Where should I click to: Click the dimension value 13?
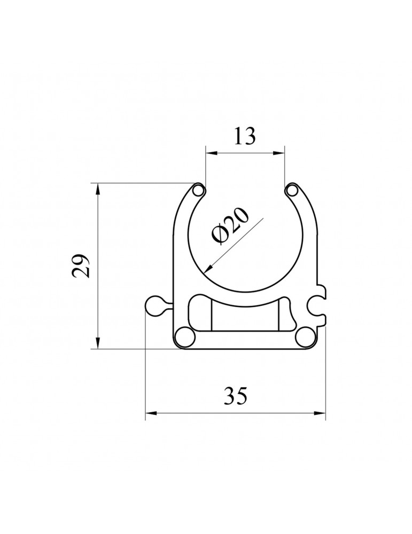coord(244,136)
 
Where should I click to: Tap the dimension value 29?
coord(82,266)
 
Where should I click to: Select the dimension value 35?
coord(235,396)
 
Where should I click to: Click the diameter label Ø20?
coord(230,226)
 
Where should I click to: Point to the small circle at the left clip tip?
coord(198,191)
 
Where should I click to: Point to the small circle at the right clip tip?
coord(292,191)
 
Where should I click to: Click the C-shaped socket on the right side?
coord(317,306)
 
